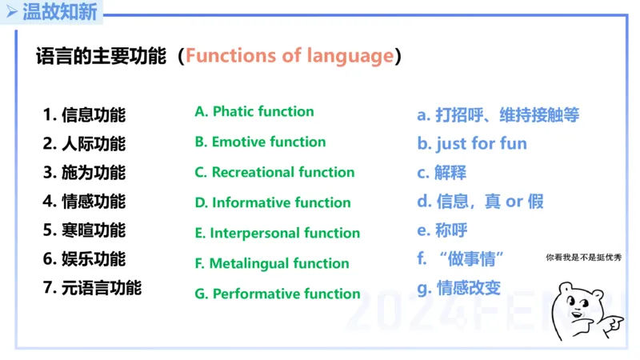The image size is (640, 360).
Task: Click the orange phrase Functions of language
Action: point(290,56)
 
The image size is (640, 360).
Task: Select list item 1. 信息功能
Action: point(84,114)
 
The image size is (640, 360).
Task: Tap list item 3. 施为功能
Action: point(84,172)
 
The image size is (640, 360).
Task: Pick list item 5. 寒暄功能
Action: point(84,230)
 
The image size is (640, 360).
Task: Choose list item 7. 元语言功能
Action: point(92,287)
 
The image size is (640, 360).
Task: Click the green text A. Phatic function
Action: point(254,111)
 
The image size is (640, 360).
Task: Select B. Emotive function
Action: point(260,142)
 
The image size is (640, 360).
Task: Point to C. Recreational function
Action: point(274,172)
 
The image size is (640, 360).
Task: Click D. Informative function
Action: point(273,202)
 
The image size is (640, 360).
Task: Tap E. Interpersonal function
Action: point(278,233)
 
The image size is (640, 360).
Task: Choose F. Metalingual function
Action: point(272,263)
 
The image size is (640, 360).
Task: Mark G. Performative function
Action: point(278,294)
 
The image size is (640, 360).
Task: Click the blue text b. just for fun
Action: point(472,144)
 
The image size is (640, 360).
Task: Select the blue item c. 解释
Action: point(442,172)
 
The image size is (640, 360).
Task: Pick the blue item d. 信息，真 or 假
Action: point(480,201)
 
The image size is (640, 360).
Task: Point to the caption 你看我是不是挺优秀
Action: point(583,257)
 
